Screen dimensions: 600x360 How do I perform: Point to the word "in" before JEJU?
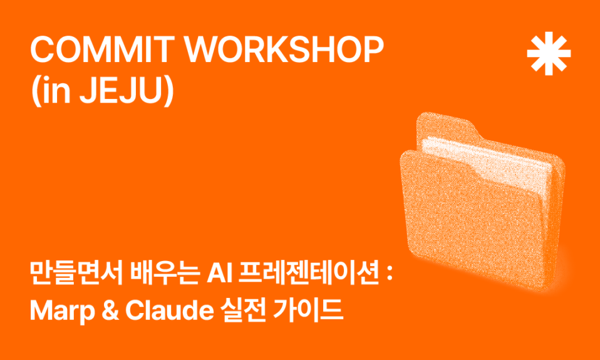(x=55, y=91)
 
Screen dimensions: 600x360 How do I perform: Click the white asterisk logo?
(x=549, y=53)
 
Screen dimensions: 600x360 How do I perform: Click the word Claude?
(x=169, y=311)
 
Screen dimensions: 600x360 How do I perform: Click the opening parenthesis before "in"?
(x=36, y=92)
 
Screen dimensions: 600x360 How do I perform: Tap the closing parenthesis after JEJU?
(x=170, y=92)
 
